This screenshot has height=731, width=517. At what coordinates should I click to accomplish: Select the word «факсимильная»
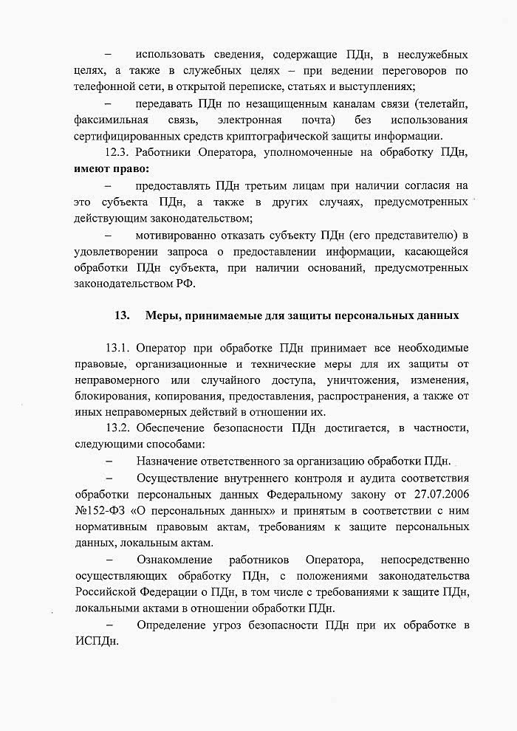click(111, 120)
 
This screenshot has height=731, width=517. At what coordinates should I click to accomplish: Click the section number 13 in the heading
click(122, 317)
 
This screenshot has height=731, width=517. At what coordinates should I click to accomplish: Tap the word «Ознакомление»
click(174, 560)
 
